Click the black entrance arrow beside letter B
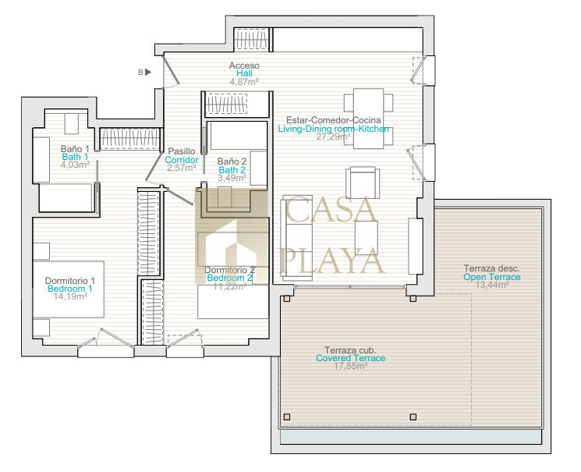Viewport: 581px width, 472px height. [148, 72]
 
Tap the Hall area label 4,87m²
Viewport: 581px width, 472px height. [244, 82]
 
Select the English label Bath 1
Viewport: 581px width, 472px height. [75, 157]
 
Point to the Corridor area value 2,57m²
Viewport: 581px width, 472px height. [181, 168]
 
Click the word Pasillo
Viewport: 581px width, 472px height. [182, 151]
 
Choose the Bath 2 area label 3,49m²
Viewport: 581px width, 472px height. [232, 178]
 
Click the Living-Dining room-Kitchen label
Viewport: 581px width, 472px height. [334, 129]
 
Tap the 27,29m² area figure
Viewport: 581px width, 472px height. [334, 137]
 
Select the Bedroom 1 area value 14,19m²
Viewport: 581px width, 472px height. [70, 296]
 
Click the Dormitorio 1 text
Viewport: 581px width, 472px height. [70, 281]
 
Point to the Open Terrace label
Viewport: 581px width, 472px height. [492, 277]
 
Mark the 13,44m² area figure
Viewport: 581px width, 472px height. [492, 285]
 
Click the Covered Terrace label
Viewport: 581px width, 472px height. [350, 358]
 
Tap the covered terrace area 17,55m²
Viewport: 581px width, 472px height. [350, 366]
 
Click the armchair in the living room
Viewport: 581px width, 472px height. [363, 183]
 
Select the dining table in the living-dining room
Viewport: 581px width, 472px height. [368, 119]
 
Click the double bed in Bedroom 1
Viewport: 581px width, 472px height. [69, 289]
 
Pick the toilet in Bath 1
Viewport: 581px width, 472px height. [72, 124]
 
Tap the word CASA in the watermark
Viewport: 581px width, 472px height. [331, 210]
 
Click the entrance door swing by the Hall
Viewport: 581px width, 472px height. [172, 72]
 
